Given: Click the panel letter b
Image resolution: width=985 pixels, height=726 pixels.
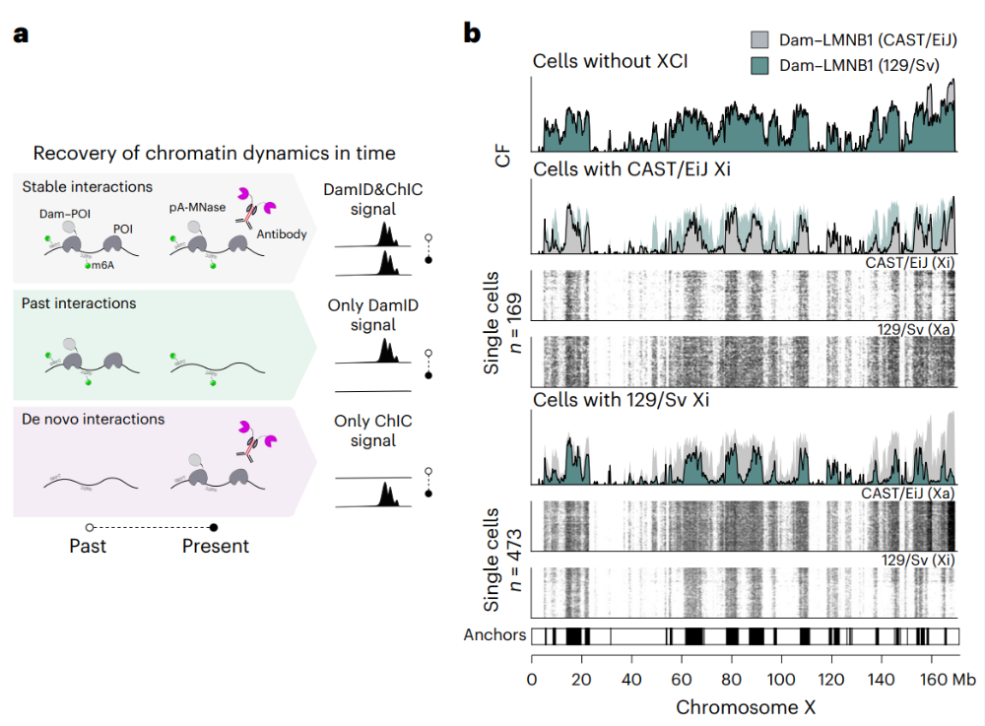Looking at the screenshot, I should [473, 34].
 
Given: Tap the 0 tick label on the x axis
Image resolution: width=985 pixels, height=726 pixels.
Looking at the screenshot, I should [532, 679].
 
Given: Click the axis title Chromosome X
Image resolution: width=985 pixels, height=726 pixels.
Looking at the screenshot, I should [746, 706].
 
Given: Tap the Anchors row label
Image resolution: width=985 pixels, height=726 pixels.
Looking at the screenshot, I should [494, 635].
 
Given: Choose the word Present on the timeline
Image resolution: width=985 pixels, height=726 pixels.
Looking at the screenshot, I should [215, 546].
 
